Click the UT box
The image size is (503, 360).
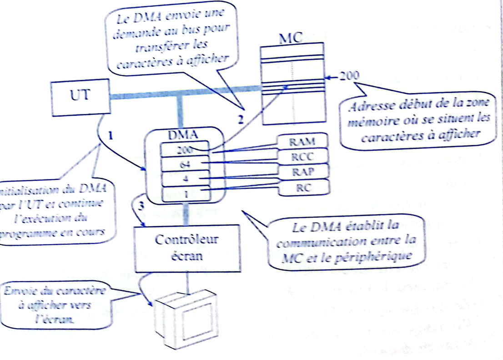pyautogui.click(x=80, y=96)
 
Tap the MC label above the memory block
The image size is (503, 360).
pyautogui.click(x=290, y=38)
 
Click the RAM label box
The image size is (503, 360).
pyautogui.click(x=303, y=141)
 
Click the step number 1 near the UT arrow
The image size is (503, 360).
pyautogui.click(x=110, y=135)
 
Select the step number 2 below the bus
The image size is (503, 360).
pyautogui.click(x=241, y=120)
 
